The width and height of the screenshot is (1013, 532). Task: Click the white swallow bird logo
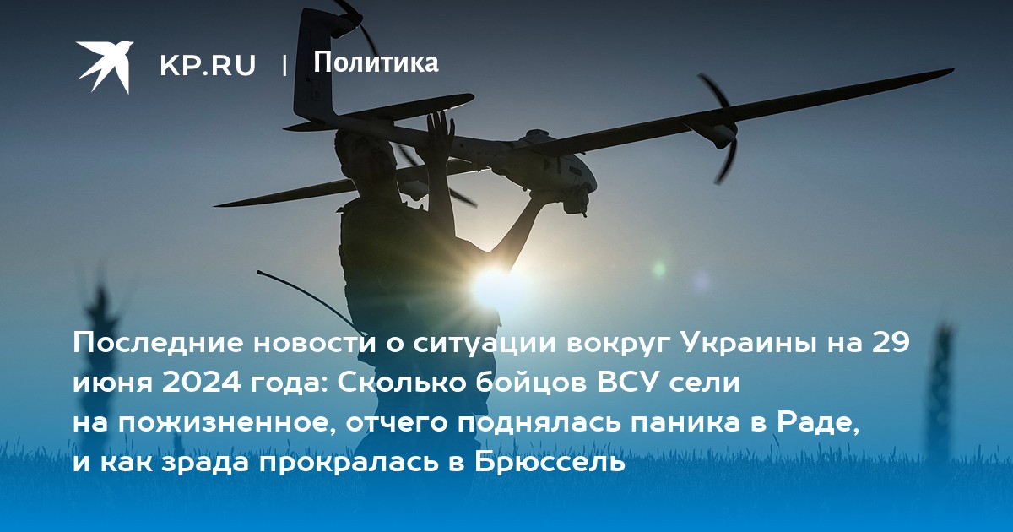click(105, 66)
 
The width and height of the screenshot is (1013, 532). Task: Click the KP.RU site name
click(208, 65)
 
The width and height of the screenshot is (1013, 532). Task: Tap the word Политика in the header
click(376, 62)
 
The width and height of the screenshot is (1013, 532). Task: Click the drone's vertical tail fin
click(314, 63)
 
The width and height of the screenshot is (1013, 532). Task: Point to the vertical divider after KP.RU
click(284, 65)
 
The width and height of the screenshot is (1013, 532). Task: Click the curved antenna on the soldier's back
click(307, 296)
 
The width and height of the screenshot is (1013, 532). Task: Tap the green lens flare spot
click(659, 269)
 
